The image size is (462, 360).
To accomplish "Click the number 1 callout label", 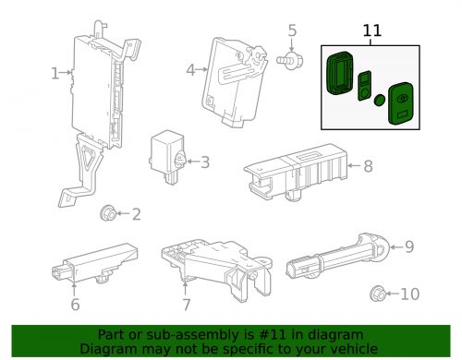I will (x=55, y=72).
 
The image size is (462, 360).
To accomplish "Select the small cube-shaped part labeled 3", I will (x=168, y=151).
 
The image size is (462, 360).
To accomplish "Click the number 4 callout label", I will (x=189, y=68).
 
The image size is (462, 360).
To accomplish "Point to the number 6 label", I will (x=75, y=305).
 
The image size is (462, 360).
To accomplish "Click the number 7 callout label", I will (x=186, y=305).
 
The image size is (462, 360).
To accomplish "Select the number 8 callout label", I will (x=367, y=167).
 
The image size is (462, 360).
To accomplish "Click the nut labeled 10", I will (x=379, y=294).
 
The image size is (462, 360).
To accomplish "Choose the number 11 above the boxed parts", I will (x=371, y=30).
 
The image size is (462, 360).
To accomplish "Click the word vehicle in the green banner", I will (x=349, y=348).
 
